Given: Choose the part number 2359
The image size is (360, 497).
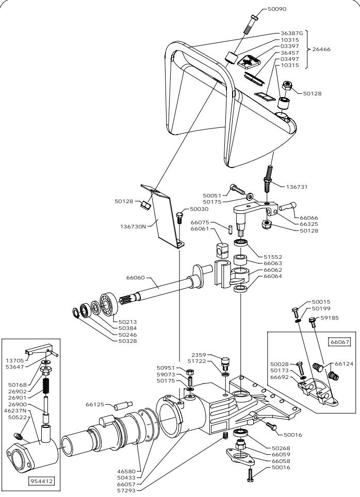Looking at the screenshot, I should point(199,355).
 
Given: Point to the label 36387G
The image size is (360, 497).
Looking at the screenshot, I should point(292,34).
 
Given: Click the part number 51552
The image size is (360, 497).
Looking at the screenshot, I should point(274,257).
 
